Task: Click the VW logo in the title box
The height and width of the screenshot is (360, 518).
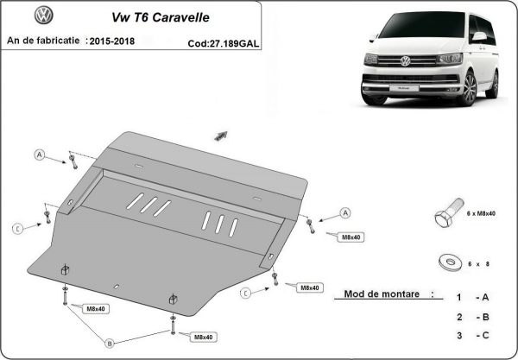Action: [43, 16]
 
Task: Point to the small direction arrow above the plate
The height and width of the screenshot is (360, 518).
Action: [221, 136]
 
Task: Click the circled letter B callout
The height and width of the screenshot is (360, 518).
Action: [110, 343]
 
